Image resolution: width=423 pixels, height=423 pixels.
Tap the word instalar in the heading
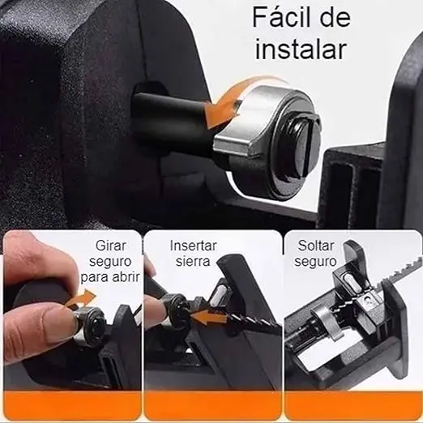click(301, 49)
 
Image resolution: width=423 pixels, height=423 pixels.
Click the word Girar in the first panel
click(111, 246)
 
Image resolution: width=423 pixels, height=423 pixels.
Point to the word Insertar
click(194, 246)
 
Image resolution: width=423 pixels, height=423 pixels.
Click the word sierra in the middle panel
click(193, 261)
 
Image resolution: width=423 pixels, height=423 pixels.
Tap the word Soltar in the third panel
click(316, 246)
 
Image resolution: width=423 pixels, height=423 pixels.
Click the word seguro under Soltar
click(315, 262)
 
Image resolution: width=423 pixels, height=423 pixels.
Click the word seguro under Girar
click(110, 262)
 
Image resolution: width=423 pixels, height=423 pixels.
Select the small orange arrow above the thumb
click(81, 299)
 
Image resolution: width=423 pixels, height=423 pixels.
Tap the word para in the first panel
click(94, 278)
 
